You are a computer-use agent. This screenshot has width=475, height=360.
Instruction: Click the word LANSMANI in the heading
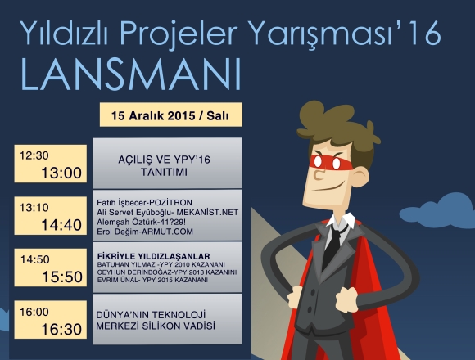pos(130,74)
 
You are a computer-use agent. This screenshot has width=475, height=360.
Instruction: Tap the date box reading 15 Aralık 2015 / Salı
pos(171,115)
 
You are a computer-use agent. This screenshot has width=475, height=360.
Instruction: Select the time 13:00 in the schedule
pos(61,173)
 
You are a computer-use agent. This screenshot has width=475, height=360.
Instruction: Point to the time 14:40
pos(61,225)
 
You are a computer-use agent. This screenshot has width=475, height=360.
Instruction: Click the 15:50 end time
pos(62,277)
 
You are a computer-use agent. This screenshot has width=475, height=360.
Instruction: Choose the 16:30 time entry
pos(61,329)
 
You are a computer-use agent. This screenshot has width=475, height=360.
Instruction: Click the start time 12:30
pos(34,155)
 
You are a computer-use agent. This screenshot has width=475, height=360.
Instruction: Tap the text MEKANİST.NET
pos(207,213)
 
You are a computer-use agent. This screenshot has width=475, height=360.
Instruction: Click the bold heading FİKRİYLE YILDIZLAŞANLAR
pos(154,257)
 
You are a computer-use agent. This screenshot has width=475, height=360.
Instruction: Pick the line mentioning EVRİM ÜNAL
pos(152,280)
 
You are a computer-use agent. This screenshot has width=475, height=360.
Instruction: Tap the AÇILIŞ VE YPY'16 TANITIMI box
pos(167,163)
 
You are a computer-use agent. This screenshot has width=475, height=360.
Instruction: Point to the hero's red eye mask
pos(330,163)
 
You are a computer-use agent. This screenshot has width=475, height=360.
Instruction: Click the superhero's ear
pos(360,178)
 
